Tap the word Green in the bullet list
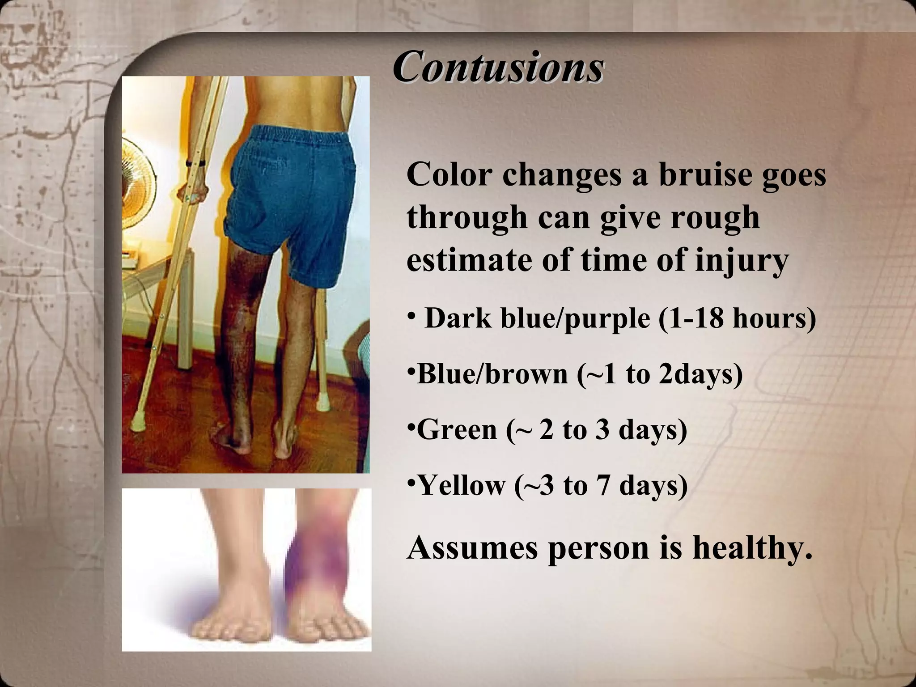(x=456, y=430)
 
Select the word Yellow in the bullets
(x=461, y=485)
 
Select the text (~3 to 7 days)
(x=601, y=485)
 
